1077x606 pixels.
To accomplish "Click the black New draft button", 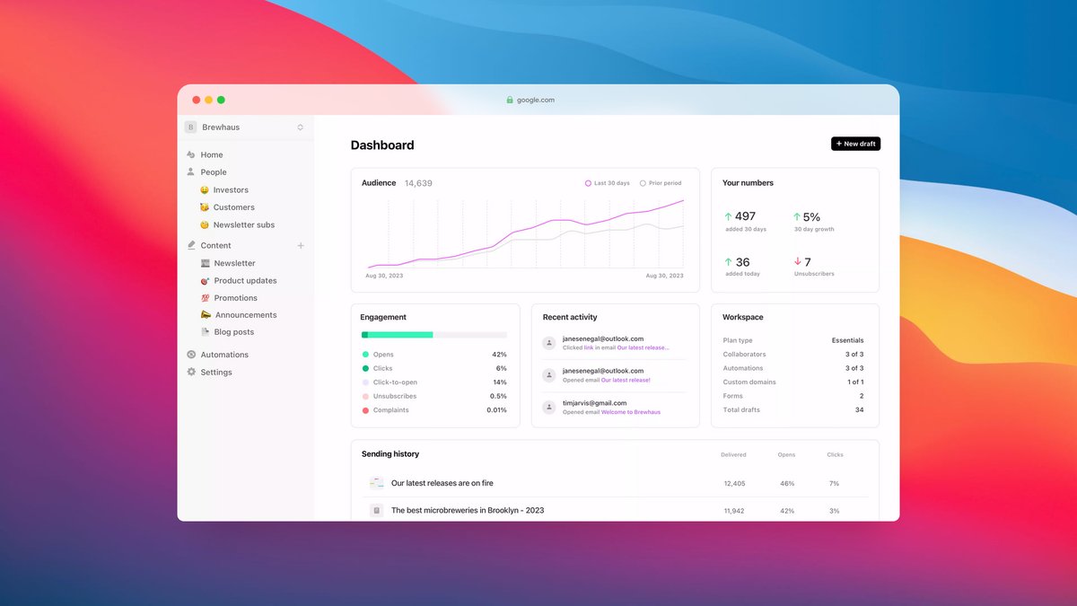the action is pyautogui.click(x=855, y=144).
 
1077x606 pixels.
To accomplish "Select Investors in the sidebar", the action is pyautogui.click(x=231, y=190).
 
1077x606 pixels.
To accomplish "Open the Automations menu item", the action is pyautogui.click(x=224, y=355).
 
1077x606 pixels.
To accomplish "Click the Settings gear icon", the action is pyautogui.click(x=191, y=372).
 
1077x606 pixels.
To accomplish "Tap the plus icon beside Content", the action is pyautogui.click(x=301, y=246).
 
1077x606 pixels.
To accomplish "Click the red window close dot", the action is pyautogui.click(x=197, y=100).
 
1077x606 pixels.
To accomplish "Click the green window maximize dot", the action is pyautogui.click(x=221, y=100).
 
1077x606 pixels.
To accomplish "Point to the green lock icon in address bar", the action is pyautogui.click(x=510, y=100).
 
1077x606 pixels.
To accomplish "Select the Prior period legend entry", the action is pyautogui.click(x=661, y=183).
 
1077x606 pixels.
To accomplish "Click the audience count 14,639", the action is pyautogui.click(x=418, y=183).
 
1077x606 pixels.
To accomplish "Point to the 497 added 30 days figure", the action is pyautogui.click(x=745, y=216).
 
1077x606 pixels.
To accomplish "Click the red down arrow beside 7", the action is pyautogui.click(x=797, y=261).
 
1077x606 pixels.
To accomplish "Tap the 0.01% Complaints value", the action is pyautogui.click(x=496, y=410).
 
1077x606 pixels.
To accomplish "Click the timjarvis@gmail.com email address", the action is pyautogui.click(x=595, y=403).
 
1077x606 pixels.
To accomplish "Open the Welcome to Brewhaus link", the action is pyautogui.click(x=631, y=412).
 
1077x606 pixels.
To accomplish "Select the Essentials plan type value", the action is pyautogui.click(x=847, y=340).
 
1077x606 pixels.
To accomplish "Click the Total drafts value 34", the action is pyautogui.click(x=859, y=409).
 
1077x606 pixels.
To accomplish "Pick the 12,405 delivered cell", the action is pyautogui.click(x=734, y=483).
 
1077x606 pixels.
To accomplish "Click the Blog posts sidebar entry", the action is pyautogui.click(x=233, y=332).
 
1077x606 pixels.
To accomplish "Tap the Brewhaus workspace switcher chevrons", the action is pyautogui.click(x=300, y=127).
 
